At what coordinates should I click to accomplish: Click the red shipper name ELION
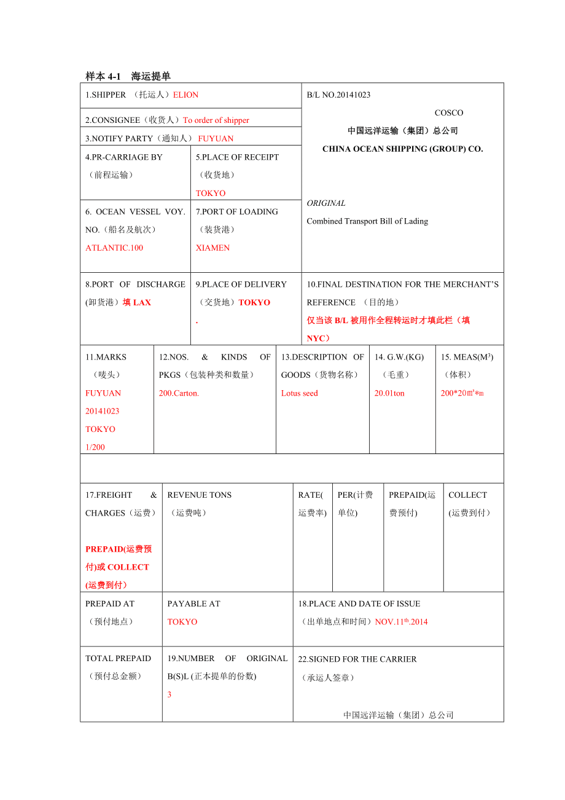click(x=185, y=95)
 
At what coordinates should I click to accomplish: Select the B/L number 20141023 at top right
click(x=353, y=95)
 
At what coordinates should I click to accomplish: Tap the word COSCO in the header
click(x=449, y=112)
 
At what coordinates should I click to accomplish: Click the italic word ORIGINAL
click(x=326, y=203)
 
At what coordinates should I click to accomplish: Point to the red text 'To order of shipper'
click(x=216, y=120)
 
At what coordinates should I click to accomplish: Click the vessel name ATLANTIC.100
click(x=114, y=248)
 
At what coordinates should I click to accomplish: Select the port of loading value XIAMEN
click(x=212, y=248)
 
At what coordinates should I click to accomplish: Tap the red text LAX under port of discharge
click(x=141, y=302)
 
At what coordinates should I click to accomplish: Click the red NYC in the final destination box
click(x=317, y=339)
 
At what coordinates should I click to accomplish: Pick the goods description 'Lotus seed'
click(x=300, y=393)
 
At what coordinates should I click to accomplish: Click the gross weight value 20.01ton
click(x=389, y=393)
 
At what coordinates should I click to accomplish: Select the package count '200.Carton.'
click(x=179, y=393)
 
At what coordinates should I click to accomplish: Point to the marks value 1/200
click(x=95, y=447)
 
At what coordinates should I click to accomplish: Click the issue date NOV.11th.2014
click(x=401, y=622)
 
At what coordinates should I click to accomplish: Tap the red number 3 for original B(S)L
click(x=169, y=694)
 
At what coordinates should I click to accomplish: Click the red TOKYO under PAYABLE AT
click(x=182, y=622)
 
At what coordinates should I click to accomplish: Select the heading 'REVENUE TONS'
click(x=200, y=495)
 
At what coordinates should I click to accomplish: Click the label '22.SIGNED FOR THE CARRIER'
click(x=357, y=659)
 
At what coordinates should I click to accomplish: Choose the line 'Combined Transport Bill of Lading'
click(x=367, y=221)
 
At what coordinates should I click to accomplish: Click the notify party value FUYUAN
click(x=216, y=139)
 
